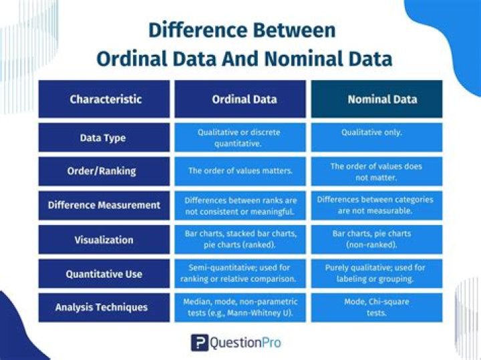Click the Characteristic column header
106,99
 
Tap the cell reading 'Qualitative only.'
376,133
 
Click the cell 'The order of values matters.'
240,171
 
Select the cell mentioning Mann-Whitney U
240,307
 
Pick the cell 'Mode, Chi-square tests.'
376,307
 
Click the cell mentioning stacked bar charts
240,239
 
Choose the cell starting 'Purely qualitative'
376,273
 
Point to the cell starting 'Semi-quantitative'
240,273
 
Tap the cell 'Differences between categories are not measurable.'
376,205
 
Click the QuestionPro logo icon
199,343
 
